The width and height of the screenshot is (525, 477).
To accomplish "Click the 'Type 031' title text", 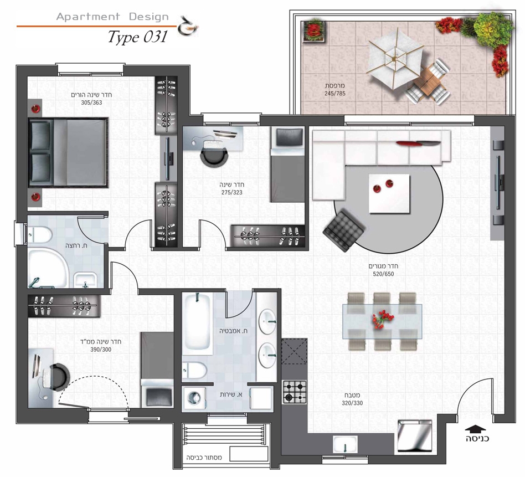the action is (x=137, y=37).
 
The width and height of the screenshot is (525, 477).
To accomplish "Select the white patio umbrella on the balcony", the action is (x=395, y=59).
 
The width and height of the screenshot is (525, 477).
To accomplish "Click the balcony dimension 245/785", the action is (x=335, y=94).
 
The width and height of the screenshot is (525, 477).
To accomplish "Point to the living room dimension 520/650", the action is (x=383, y=274).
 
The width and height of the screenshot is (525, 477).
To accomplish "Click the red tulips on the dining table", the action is (x=382, y=319).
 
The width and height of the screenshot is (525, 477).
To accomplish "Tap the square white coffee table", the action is (x=389, y=193).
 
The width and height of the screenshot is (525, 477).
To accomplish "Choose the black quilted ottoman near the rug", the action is (x=344, y=230).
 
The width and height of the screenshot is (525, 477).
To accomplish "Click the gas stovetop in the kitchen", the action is (x=294, y=392).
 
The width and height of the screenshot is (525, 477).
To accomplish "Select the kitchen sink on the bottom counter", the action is (x=345, y=444).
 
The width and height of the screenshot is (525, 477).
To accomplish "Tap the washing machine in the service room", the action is (x=194, y=398).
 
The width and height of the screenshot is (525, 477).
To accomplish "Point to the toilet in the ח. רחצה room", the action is (x=39, y=234).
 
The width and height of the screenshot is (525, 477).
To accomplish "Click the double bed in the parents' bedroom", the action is (x=69, y=152).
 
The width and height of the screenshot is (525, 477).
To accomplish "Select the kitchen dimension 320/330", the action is (x=352, y=403).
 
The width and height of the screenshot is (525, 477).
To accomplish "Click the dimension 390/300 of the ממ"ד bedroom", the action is (x=101, y=350).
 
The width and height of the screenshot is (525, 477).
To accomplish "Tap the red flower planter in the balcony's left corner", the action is (x=314, y=31).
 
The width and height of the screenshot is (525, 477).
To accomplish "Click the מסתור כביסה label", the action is (x=204, y=457).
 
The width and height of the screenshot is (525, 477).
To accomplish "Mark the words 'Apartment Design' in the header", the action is (x=112, y=17).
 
